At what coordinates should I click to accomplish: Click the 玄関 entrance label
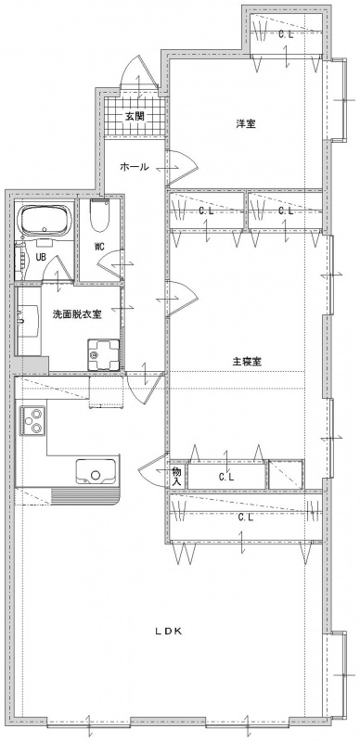pyautogui.click(x=135, y=115)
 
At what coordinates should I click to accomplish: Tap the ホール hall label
pyautogui.click(x=135, y=166)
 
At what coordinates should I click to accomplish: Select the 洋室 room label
pyautogui.click(x=246, y=124)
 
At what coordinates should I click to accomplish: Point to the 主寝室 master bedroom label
pyautogui.click(x=247, y=362)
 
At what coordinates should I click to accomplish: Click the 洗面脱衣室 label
pyautogui.click(x=77, y=313)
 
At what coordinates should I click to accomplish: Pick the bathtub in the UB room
pyautogui.click(x=45, y=222)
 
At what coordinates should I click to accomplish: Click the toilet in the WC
pyautogui.click(x=99, y=214)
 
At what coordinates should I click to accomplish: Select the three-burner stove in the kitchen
pyautogui.click(x=32, y=421)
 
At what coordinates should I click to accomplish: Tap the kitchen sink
pyautogui.click(x=96, y=471)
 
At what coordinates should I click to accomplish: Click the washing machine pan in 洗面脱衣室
pyautogui.click(x=104, y=354)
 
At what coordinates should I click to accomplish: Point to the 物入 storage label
pyautogui.click(x=176, y=476)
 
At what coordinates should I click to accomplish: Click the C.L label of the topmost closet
pyautogui.click(x=286, y=34)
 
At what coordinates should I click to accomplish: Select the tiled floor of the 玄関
pyautogui.click(x=135, y=117)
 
